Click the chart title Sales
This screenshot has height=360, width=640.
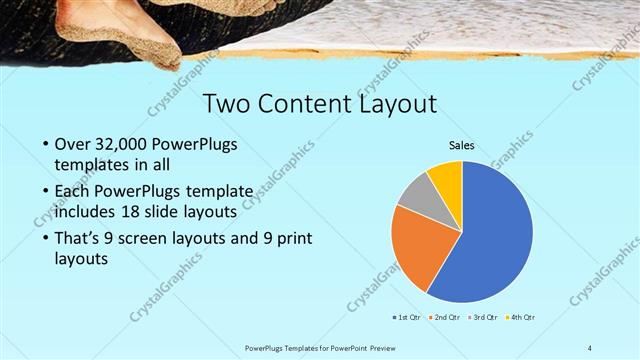coord(461,146)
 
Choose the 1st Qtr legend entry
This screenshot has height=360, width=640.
coord(408,317)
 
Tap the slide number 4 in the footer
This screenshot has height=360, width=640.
coord(590,347)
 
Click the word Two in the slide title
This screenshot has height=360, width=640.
coord(226,104)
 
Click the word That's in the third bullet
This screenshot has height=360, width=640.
coord(79,239)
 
